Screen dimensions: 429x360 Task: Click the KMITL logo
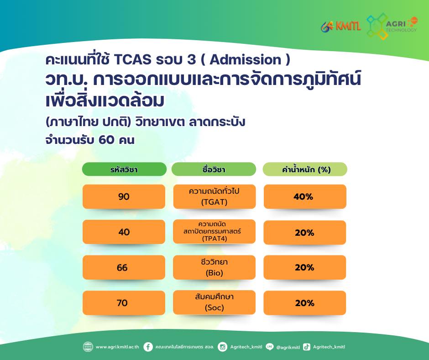(340, 26)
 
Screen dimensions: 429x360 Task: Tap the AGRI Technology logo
(392, 26)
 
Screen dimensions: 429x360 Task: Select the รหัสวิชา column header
(124, 169)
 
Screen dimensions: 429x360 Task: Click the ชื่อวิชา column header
(214, 169)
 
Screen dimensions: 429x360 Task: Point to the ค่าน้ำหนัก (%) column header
(305, 169)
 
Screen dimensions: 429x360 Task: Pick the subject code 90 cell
(124, 196)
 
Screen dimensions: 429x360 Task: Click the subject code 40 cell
(124, 232)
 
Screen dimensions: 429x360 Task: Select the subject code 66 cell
(124, 267)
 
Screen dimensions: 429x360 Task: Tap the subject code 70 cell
(124, 303)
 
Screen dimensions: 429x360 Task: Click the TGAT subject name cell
(214, 196)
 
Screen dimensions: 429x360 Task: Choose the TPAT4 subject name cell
(214, 232)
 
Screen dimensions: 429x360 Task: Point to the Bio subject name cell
(214, 267)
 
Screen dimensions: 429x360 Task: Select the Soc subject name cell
(214, 302)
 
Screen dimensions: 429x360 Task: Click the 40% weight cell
(305, 196)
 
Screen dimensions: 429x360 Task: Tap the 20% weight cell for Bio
(305, 267)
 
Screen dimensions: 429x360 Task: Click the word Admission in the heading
(246, 60)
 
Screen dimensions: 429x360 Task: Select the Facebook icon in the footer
(148, 347)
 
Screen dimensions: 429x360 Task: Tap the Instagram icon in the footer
(222, 347)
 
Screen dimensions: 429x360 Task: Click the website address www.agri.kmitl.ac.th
(117, 347)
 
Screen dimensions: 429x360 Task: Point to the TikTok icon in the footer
(307, 347)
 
